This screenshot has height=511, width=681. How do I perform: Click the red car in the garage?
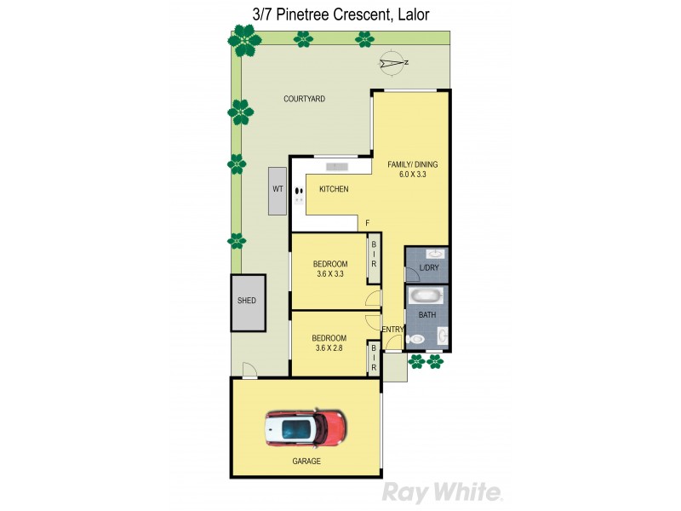click(x=306, y=427)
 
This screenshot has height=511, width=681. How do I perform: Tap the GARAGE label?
click(x=306, y=461)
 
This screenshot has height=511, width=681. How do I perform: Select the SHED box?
click(x=248, y=301)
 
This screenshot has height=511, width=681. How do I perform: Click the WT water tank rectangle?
click(x=278, y=188)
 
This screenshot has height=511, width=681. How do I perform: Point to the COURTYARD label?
click(x=304, y=100)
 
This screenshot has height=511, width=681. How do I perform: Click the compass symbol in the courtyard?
click(x=392, y=62)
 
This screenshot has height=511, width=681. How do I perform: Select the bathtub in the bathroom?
click(x=426, y=296)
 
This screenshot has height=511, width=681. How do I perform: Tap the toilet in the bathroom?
click(x=416, y=340)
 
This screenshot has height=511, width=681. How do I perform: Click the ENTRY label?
click(x=393, y=330)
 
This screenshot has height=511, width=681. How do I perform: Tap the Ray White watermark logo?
click(x=442, y=492)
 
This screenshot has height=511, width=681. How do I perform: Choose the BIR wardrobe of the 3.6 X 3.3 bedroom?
click(x=372, y=258)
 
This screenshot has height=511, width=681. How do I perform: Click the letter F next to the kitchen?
click(x=368, y=224)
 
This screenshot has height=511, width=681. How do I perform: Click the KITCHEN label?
click(x=334, y=189)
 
